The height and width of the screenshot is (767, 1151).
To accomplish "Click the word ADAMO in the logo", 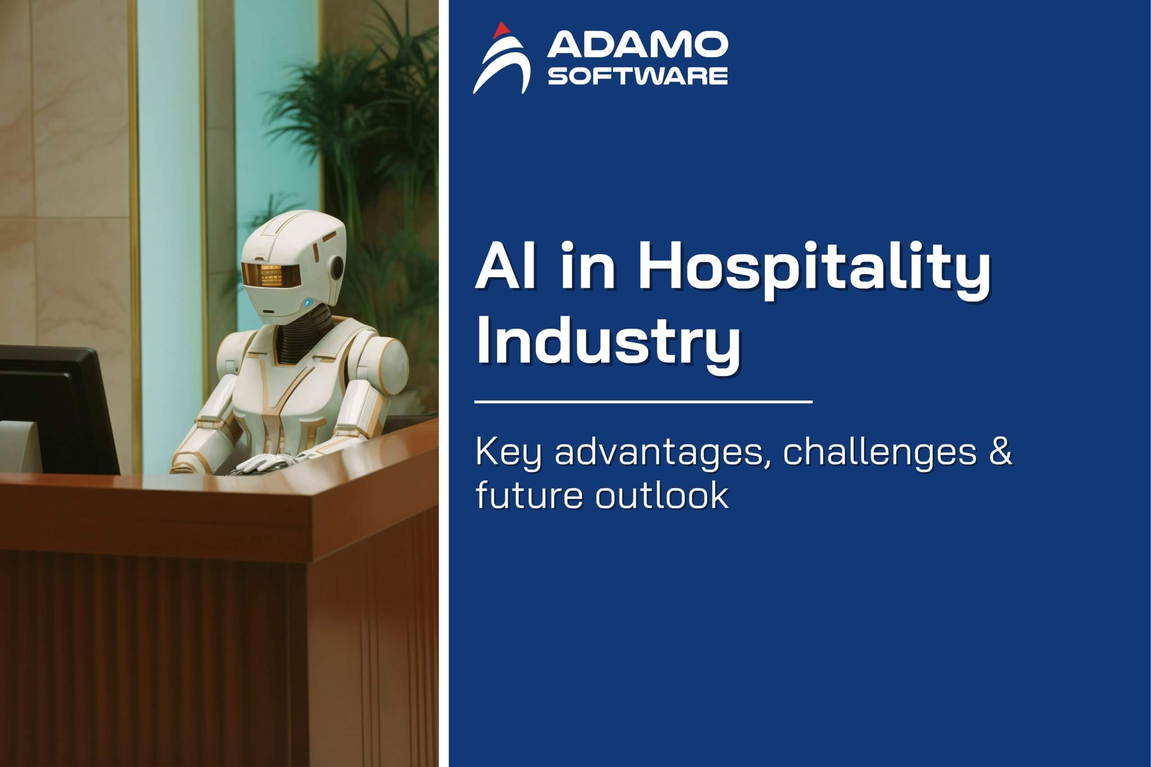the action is point(638,45).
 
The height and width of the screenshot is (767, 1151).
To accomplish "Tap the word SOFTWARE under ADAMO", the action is point(638,76).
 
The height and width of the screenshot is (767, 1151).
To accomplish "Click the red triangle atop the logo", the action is point(501,30).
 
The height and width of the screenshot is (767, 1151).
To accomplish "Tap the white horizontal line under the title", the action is point(643,401).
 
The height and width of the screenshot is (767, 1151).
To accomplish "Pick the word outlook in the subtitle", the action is point(662,495).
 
